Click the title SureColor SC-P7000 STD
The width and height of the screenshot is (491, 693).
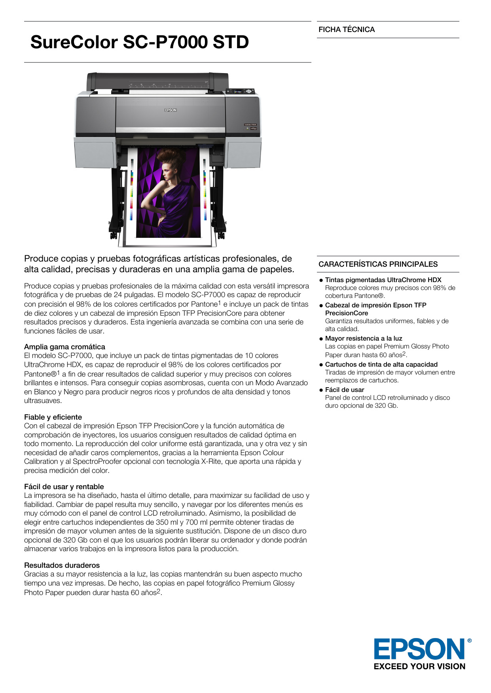click(x=139, y=42)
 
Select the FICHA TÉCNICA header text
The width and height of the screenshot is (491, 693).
click(x=347, y=30)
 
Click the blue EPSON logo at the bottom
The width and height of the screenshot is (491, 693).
click(x=420, y=649)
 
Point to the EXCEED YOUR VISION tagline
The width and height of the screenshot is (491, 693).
click(x=419, y=667)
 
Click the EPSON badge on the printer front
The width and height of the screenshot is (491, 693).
click(x=171, y=110)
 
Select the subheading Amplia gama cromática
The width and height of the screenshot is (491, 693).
click(x=64, y=347)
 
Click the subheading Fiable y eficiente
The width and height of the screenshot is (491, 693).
click(x=53, y=417)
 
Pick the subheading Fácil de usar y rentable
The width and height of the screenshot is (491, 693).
click(x=64, y=487)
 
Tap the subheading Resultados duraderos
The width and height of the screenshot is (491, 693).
click(x=62, y=565)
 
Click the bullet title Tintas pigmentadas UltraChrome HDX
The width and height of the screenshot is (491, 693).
click(x=383, y=280)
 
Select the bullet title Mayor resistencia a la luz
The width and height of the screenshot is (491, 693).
click(x=364, y=339)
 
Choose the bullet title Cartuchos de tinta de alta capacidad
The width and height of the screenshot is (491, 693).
click(x=381, y=365)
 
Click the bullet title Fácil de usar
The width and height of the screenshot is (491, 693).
click(x=345, y=390)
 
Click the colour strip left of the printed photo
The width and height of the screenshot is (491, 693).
click(x=132, y=190)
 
